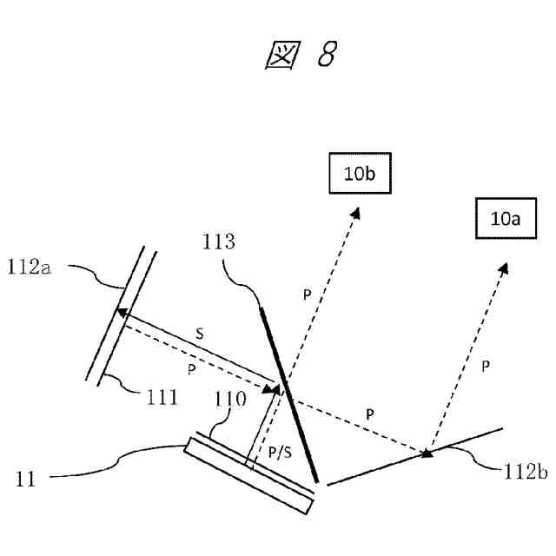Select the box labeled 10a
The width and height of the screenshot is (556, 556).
(505, 219)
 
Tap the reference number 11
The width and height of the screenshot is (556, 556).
(27, 478)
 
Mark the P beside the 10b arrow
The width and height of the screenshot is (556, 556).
(306, 295)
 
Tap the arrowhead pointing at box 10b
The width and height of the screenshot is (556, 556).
(354, 211)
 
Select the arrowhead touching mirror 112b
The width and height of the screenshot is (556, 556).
(426, 452)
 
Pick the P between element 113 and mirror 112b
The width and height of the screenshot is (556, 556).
(371, 415)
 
